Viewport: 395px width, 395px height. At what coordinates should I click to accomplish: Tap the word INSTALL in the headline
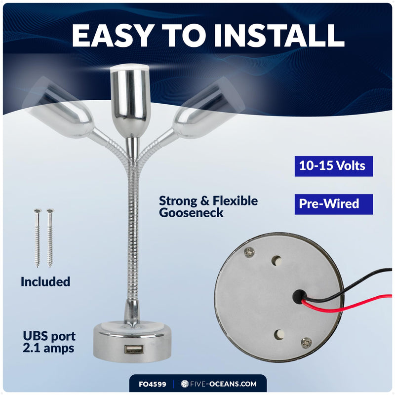pyautogui.click(x=279, y=35)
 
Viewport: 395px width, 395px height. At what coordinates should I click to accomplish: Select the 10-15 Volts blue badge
pyautogui.click(x=334, y=166)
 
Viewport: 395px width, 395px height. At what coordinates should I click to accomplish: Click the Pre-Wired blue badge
pyautogui.click(x=334, y=204)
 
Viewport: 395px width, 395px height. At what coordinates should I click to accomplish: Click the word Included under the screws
pyautogui.click(x=45, y=281)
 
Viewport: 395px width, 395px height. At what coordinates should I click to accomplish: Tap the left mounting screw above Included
pyautogui.click(x=38, y=238)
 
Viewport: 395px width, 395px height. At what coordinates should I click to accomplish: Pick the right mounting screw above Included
pyautogui.click(x=50, y=238)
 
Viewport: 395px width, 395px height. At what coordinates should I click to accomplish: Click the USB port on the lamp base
pyautogui.click(x=134, y=350)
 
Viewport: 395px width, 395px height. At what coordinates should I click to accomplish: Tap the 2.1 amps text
pyautogui.click(x=48, y=349)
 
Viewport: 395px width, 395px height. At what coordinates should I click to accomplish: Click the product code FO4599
pyautogui.click(x=153, y=384)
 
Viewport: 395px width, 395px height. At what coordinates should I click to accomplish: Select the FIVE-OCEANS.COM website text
pyautogui.click(x=223, y=384)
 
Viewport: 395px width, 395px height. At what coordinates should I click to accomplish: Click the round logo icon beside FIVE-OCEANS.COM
pyautogui.click(x=185, y=384)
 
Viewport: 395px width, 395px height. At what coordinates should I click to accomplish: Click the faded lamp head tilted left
pyautogui.click(x=58, y=108)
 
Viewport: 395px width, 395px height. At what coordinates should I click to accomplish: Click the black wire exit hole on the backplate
pyautogui.click(x=299, y=296)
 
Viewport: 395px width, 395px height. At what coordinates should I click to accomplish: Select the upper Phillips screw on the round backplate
pyautogui.click(x=249, y=252)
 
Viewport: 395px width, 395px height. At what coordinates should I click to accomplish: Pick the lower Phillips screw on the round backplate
pyautogui.click(x=306, y=343)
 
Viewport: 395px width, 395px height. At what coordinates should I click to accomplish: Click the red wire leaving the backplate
pyautogui.click(x=345, y=305)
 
